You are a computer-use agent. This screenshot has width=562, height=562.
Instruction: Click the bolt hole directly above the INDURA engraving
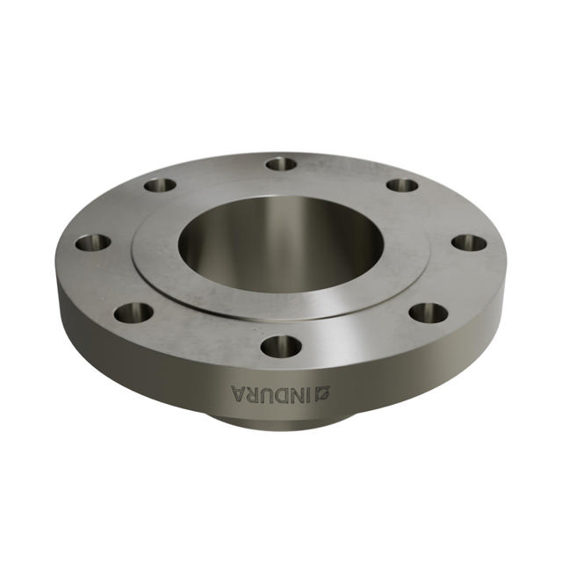point(281,346)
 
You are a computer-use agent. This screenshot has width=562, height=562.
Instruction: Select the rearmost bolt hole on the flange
point(281,163)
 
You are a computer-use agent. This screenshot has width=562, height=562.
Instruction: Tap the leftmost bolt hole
point(92,242)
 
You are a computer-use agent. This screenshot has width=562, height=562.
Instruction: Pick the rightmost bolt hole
point(469,242)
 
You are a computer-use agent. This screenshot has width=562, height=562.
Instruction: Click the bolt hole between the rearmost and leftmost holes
point(160,185)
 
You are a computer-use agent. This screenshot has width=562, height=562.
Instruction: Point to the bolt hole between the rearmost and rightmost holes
point(402,185)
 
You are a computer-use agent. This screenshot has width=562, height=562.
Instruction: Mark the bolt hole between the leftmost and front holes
point(133,312)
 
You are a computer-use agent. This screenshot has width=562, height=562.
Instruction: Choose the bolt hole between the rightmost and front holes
point(429,312)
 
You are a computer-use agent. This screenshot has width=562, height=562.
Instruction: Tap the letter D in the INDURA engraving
point(282,393)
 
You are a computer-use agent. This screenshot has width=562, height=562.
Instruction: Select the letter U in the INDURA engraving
point(268,393)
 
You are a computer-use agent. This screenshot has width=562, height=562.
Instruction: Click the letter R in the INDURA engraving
point(253,393)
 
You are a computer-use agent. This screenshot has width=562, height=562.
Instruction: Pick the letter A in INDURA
point(238,393)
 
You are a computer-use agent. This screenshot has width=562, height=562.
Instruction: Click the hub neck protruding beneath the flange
point(281,421)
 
